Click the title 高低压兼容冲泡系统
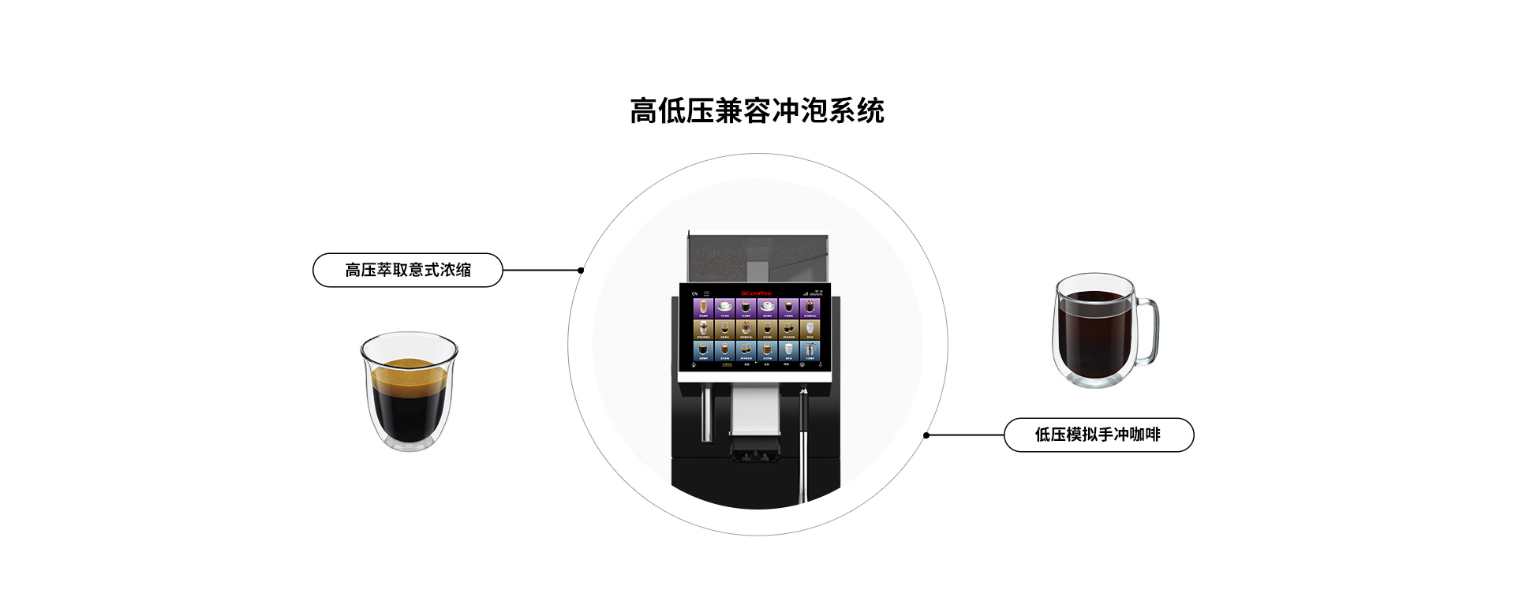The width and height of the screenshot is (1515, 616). [757, 111]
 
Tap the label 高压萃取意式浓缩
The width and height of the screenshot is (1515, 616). [407, 270]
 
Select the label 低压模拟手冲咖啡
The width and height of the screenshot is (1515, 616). [1098, 435]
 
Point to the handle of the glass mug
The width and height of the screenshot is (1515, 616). [1148, 331]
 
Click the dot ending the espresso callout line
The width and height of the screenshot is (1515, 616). [581, 271]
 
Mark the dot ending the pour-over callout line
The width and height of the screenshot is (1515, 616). [926, 435]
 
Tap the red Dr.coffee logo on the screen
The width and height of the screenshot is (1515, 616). [756, 293]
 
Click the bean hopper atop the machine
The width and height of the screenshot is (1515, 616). [757, 256]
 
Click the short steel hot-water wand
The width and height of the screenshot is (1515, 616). [707, 414]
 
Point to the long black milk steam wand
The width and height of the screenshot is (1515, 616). [803, 442]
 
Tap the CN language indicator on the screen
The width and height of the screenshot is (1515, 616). [694, 293]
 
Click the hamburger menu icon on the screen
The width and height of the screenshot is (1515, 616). [706, 293]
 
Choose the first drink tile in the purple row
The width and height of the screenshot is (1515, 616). [703, 308]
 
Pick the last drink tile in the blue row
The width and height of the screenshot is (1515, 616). [810, 350]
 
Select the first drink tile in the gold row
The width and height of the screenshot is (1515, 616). [703, 329]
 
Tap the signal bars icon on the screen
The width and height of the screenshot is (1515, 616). [806, 293]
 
